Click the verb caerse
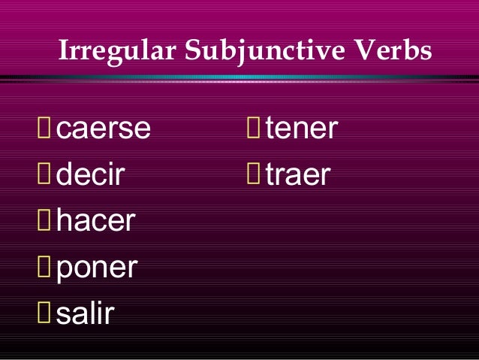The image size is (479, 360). tap(104, 130)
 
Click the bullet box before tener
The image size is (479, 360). tap(254, 130)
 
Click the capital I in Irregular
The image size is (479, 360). tap(63, 52)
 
